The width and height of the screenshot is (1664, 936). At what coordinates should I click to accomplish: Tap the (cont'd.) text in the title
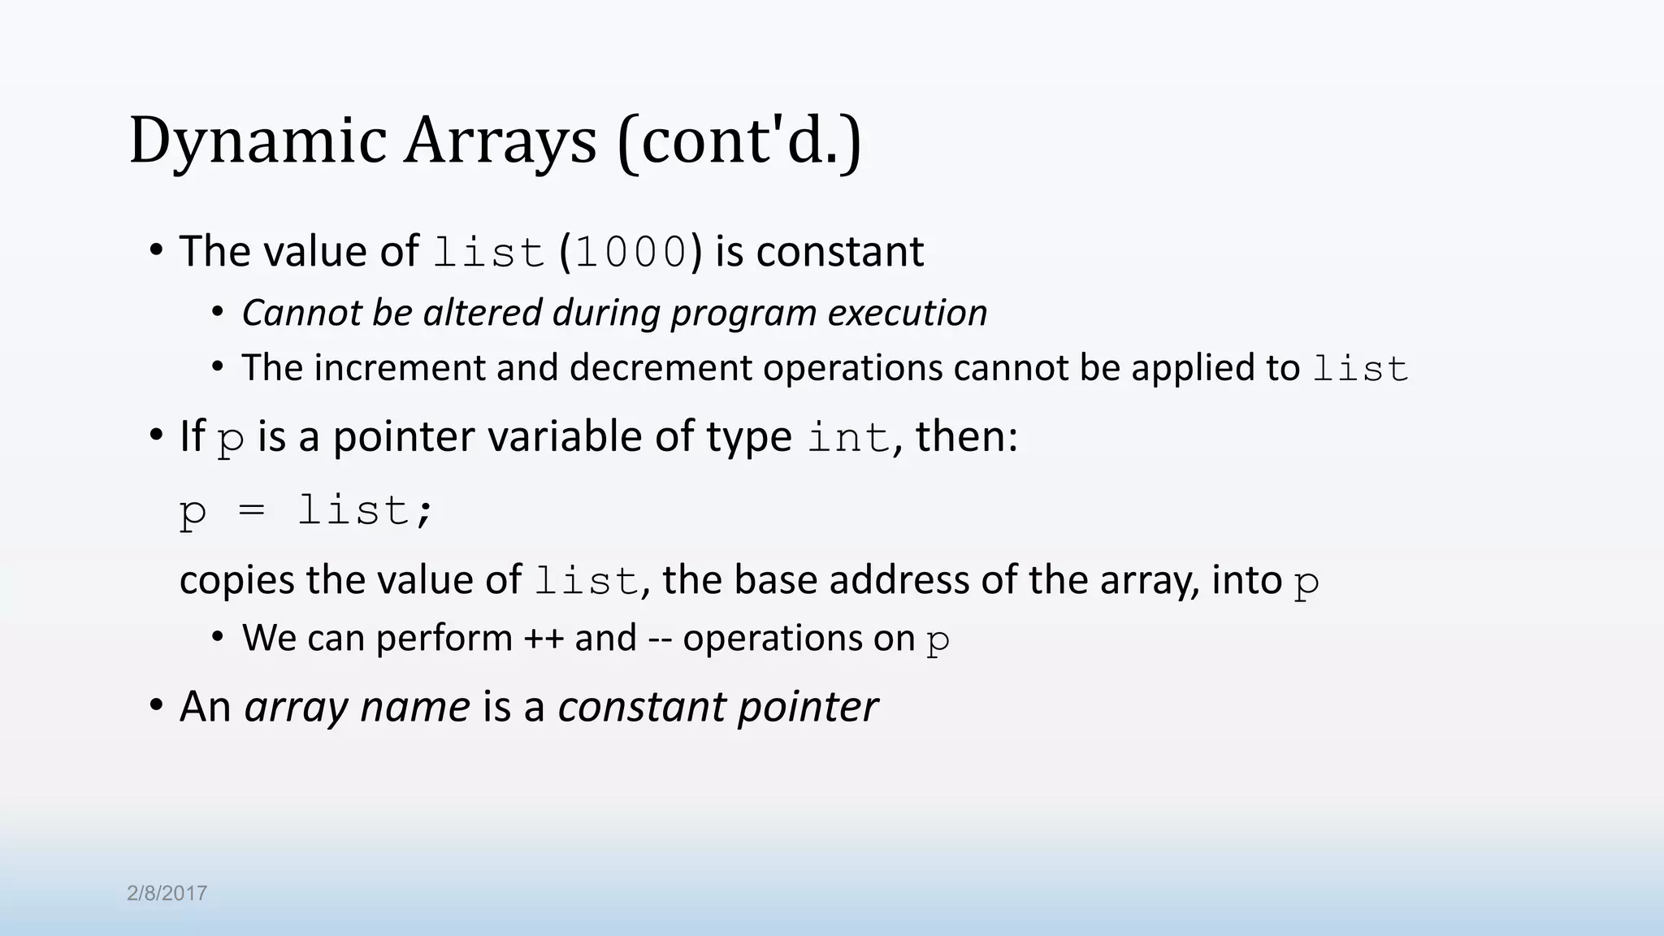(x=739, y=142)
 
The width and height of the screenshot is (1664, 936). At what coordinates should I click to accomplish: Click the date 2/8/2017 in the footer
(x=167, y=894)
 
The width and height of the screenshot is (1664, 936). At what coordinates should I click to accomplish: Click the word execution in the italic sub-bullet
(x=907, y=313)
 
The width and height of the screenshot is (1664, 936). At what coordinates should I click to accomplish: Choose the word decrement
(x=660, y=368)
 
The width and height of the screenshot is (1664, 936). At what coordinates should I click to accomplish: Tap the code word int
(x=848, y=439)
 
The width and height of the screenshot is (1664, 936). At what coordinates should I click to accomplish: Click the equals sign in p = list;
(x=252, y=511)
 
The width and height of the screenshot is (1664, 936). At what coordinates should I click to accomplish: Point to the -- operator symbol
(x=660, y=639)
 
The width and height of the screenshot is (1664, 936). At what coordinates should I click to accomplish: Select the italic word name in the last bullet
(x=414, y=707)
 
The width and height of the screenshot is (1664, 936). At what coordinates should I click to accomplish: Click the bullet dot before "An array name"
(x=156, y=704)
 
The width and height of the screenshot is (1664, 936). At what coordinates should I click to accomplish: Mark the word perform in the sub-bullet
(x=444, y=639)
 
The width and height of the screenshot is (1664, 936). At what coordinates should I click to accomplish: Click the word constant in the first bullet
(x=839, y=252)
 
